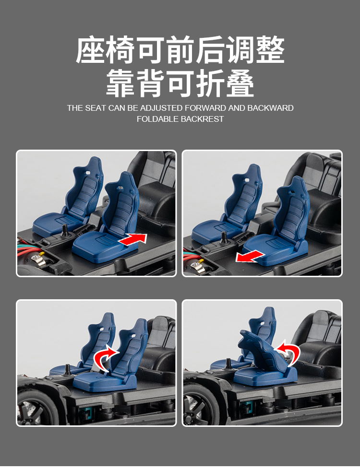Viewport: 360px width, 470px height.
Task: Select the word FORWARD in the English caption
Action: pos(205,108)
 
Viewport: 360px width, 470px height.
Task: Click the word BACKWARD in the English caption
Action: pos(270,108)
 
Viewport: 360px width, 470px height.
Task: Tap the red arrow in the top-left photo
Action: pos(132,239)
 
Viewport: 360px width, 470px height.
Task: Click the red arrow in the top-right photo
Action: pos(250,257)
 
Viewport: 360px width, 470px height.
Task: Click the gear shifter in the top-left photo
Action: pos(64,231)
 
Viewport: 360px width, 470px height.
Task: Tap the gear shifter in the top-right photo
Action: pos(223,238)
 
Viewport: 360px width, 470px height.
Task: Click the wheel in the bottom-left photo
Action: pos(33,409)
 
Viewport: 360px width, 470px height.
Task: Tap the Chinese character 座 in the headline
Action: pos(90,50)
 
